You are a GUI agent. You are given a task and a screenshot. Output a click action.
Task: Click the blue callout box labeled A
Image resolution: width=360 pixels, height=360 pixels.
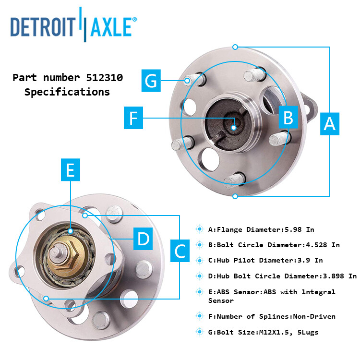329,123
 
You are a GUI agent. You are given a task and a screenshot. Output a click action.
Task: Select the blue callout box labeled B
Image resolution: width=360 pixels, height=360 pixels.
288,118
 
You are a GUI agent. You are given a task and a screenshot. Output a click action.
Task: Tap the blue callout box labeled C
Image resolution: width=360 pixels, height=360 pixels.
180,251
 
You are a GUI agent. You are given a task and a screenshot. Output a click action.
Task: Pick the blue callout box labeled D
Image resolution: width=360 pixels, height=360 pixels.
143,239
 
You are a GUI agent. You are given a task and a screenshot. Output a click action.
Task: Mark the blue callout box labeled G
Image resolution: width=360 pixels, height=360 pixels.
151,80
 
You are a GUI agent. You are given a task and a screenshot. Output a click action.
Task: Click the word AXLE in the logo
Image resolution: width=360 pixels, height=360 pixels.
110,27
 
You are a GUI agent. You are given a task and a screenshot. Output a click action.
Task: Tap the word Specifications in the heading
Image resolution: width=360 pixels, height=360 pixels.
67,92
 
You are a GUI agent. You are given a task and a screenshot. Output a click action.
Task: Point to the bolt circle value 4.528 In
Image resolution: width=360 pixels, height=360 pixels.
323,245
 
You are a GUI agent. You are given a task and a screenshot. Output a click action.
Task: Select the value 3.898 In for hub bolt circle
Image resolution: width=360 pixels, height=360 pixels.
338,276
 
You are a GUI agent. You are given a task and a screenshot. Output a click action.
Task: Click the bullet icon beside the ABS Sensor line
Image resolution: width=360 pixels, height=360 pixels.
200,292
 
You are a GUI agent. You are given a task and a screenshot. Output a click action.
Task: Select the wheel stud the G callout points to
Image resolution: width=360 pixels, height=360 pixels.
190,80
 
